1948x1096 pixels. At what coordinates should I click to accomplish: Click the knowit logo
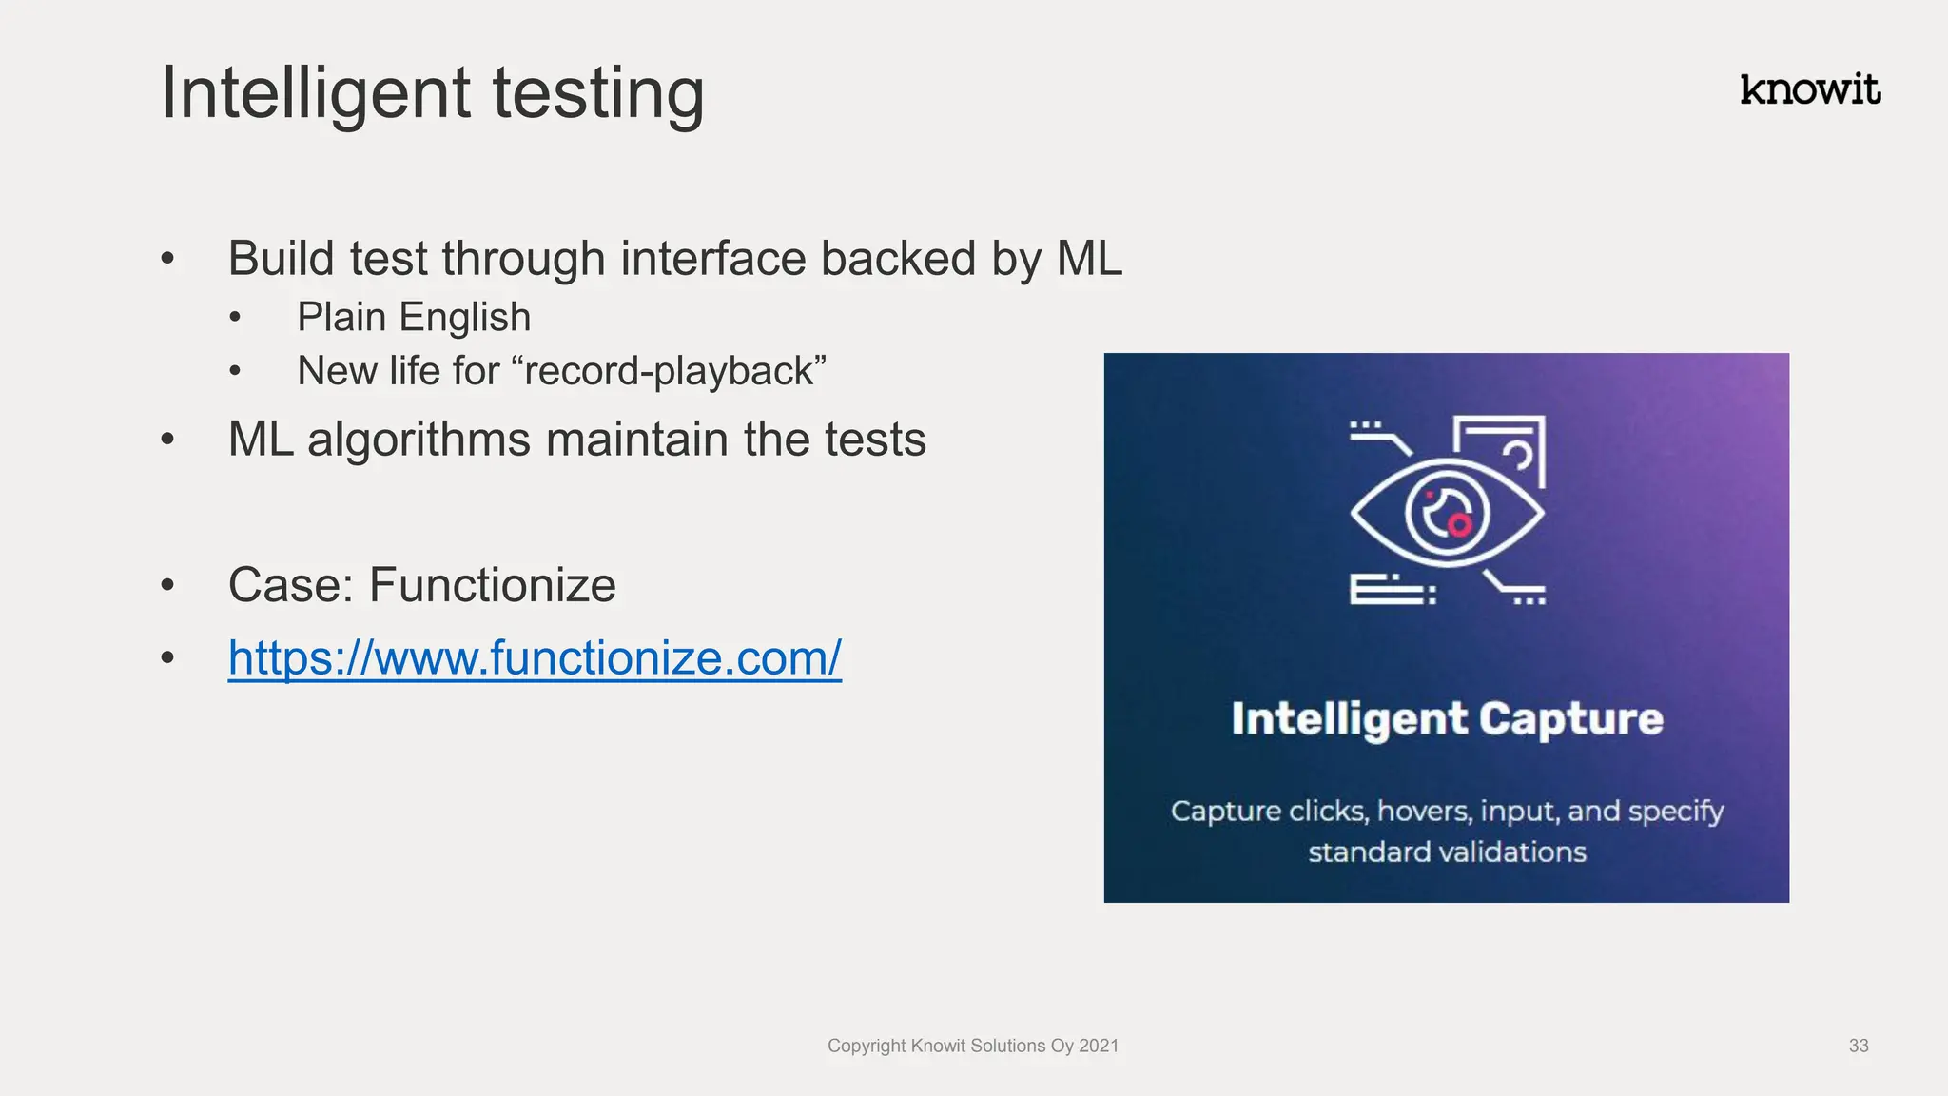(1809, 89)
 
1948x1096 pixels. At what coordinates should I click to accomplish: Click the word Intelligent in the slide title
(315, 93)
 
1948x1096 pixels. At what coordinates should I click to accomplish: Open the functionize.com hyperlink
(535, 657)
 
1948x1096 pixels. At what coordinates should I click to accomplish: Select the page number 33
(1859, 1046)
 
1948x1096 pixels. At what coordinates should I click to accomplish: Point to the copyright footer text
(972, 1046)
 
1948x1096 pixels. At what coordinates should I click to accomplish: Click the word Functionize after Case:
(492, 585)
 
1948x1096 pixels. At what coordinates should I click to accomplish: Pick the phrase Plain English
(414, 317)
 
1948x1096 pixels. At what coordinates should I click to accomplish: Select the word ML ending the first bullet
(1089, 259)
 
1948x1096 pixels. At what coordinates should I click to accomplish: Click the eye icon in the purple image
(1447, 512)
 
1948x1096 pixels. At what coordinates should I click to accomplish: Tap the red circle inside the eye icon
(1459, 523)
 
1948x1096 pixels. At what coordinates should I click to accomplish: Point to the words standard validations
(1447, 851)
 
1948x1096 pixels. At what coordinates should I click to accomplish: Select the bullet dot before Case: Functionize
(168, 585)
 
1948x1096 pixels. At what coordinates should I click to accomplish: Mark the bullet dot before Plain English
(236, 318)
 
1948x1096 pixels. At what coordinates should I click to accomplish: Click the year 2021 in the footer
(1099, 1046)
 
